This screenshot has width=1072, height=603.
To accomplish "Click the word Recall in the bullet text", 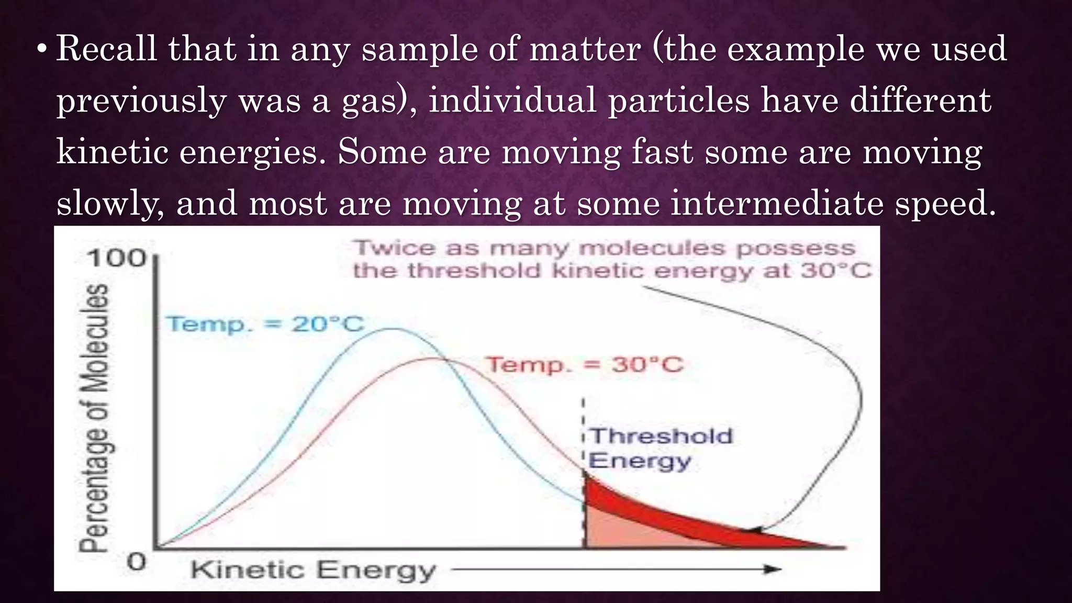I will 106,49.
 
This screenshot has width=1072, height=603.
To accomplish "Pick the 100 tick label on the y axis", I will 116,259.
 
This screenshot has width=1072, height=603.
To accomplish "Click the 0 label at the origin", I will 137,563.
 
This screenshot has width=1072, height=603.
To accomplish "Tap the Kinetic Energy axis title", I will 313,570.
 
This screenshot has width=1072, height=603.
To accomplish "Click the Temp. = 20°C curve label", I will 265,324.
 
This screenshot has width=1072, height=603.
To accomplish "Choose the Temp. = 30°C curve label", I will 585,364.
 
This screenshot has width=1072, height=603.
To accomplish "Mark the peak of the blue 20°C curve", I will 394,329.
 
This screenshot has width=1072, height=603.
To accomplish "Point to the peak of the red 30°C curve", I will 434,359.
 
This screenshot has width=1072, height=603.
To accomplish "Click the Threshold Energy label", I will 661,448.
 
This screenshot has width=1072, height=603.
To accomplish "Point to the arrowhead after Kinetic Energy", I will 772,569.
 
